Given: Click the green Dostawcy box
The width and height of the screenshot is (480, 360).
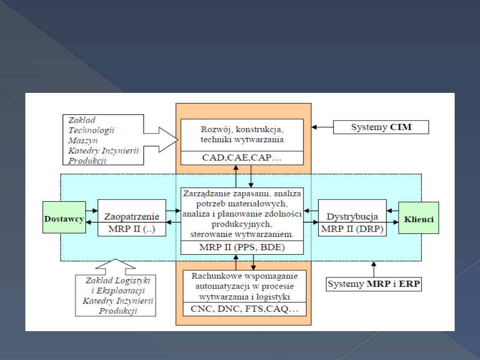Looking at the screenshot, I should [x=64, y=219].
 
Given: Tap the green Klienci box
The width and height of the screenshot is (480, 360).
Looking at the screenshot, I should [x=419, y=219].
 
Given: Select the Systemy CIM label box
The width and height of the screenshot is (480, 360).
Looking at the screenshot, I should [x=381, y=127].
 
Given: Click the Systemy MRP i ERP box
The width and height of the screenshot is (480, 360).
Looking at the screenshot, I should [x=374, y=284].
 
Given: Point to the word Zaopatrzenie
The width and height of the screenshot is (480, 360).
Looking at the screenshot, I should [x=132, y=216].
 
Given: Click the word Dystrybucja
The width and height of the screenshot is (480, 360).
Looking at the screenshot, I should [x=352, y=216].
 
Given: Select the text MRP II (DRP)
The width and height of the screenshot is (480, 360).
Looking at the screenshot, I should [x=352, y=229].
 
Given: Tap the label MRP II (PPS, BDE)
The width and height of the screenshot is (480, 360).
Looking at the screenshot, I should [x=242, y=248].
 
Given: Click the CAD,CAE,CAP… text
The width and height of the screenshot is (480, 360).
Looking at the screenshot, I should [x=242, y=158].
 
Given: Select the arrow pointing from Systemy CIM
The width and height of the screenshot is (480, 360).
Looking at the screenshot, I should [x=322, y=127].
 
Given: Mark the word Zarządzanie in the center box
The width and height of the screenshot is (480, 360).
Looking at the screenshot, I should [x=204, y=193].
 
